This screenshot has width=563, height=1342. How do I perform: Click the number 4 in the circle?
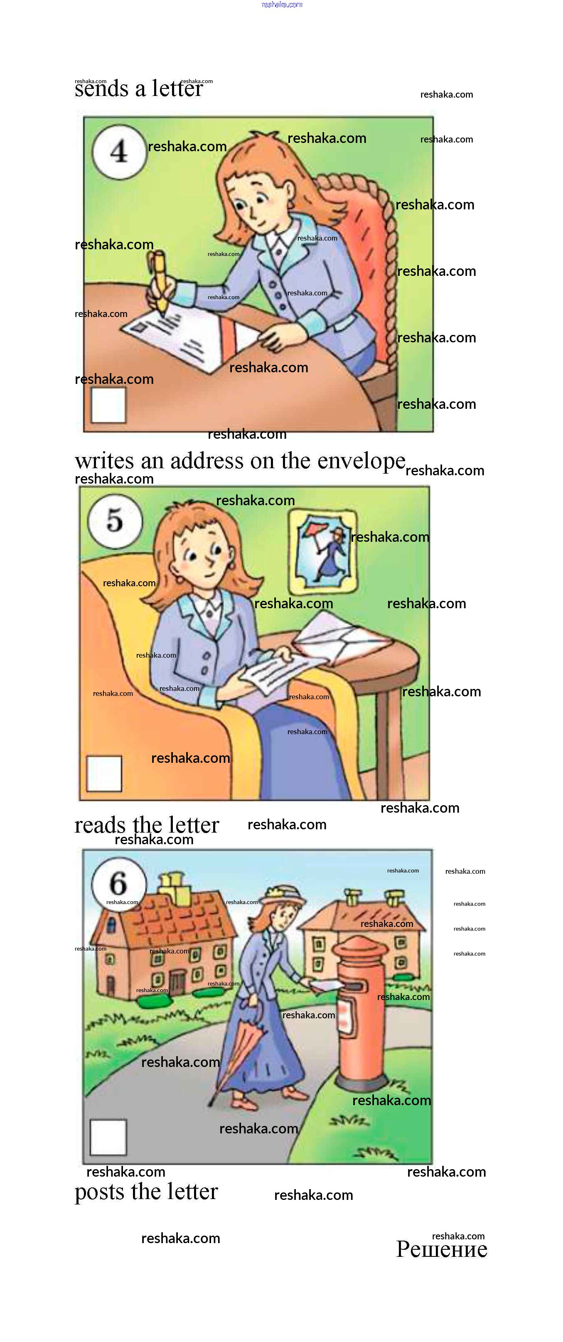[119, 152]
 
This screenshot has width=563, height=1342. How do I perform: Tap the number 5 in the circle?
[115, 520]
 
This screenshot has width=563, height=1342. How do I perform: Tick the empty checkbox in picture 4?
[108, 406]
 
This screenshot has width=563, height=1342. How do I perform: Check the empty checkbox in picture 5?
[104, 773]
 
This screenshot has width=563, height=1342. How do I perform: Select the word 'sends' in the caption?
[101, 88]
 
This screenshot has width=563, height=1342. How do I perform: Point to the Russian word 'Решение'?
[442, 1249]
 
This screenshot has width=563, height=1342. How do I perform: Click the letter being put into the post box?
[327, 985]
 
